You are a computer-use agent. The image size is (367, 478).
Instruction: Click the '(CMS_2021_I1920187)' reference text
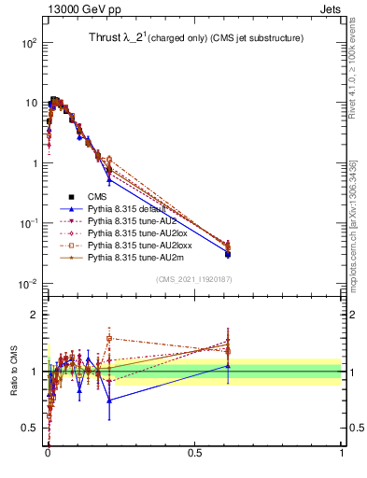pos(193,279)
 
